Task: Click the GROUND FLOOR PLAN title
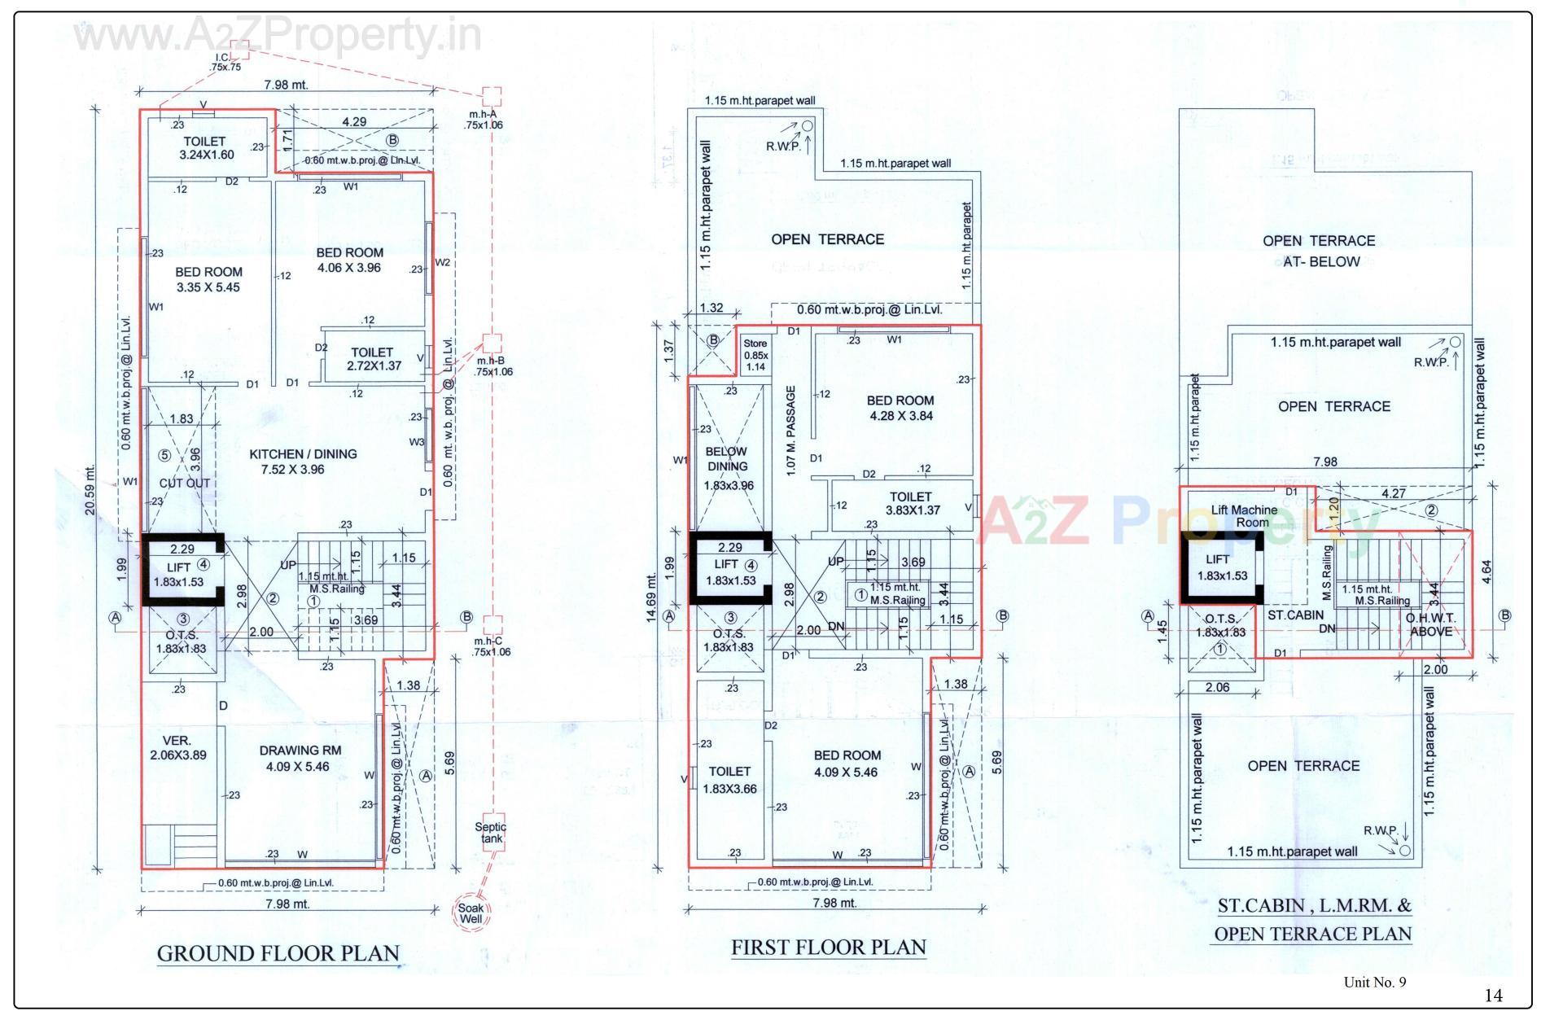coord(278,953)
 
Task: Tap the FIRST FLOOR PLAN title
coord(828,948)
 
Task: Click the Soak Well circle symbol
coord(471,913)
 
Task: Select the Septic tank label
coord(491,832)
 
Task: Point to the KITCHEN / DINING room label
coord(303,462)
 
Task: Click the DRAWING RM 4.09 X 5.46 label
coord(300,758)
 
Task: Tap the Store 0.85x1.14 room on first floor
coord(755,355)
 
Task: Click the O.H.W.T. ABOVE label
coord(1430,624)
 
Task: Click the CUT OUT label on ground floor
coord(184,483)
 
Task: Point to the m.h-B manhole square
coord(492,342)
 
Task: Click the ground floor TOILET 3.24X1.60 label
coord(205,147)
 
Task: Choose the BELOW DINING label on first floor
coord(726,459)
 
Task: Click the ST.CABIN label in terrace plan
coord(1295,615)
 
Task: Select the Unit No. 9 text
coord(1374,982)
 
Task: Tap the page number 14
coord(1493,995)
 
